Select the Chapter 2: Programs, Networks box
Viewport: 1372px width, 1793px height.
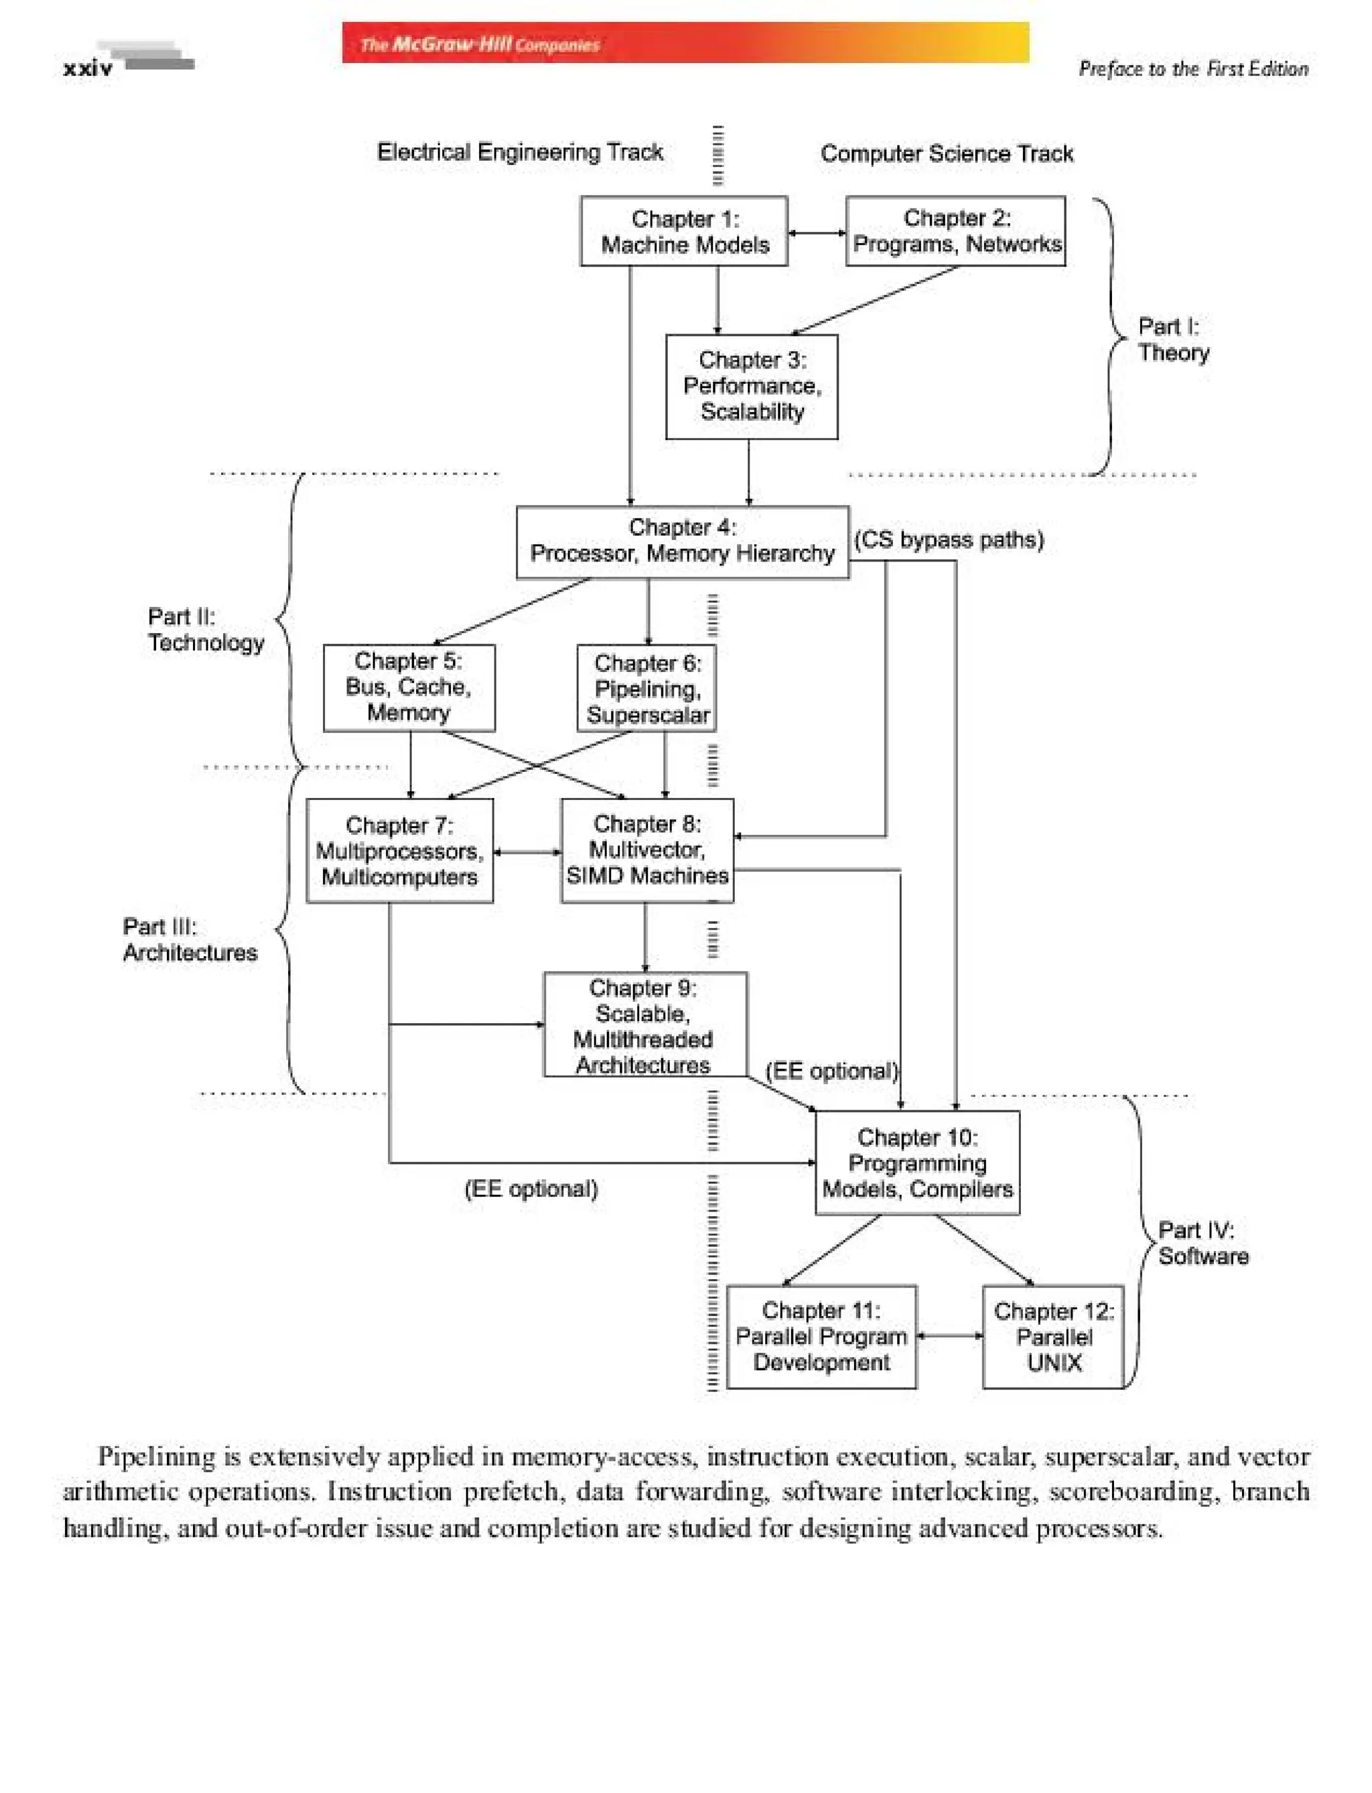(955, 231)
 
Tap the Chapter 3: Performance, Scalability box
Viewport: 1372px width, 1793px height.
(752, 387)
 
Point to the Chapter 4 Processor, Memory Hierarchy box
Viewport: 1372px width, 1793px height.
(682, 541)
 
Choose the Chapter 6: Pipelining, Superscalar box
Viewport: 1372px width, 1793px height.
(646, 689)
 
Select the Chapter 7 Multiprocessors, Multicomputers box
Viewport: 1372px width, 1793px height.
(399, 850)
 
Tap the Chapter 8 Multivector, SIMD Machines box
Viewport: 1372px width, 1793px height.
(646, 850)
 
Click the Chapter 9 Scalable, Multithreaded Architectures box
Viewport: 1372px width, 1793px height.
(644, 1024)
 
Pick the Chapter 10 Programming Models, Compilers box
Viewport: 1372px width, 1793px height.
(916, 1163)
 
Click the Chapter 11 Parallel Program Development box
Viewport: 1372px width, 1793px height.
(821, 1337)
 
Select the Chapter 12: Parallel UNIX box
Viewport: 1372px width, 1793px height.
(1052, 1337)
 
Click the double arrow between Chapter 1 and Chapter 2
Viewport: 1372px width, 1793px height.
(816, 233)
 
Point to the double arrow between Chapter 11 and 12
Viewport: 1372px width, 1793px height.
(949, 1337)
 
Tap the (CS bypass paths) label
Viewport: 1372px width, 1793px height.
(948, 540)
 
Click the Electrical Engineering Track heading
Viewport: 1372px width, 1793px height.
(519, 152)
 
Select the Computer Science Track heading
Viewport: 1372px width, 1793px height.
(946, 153)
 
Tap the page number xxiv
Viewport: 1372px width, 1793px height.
(87, 68)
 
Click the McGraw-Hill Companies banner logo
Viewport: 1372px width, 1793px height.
(480, 44)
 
